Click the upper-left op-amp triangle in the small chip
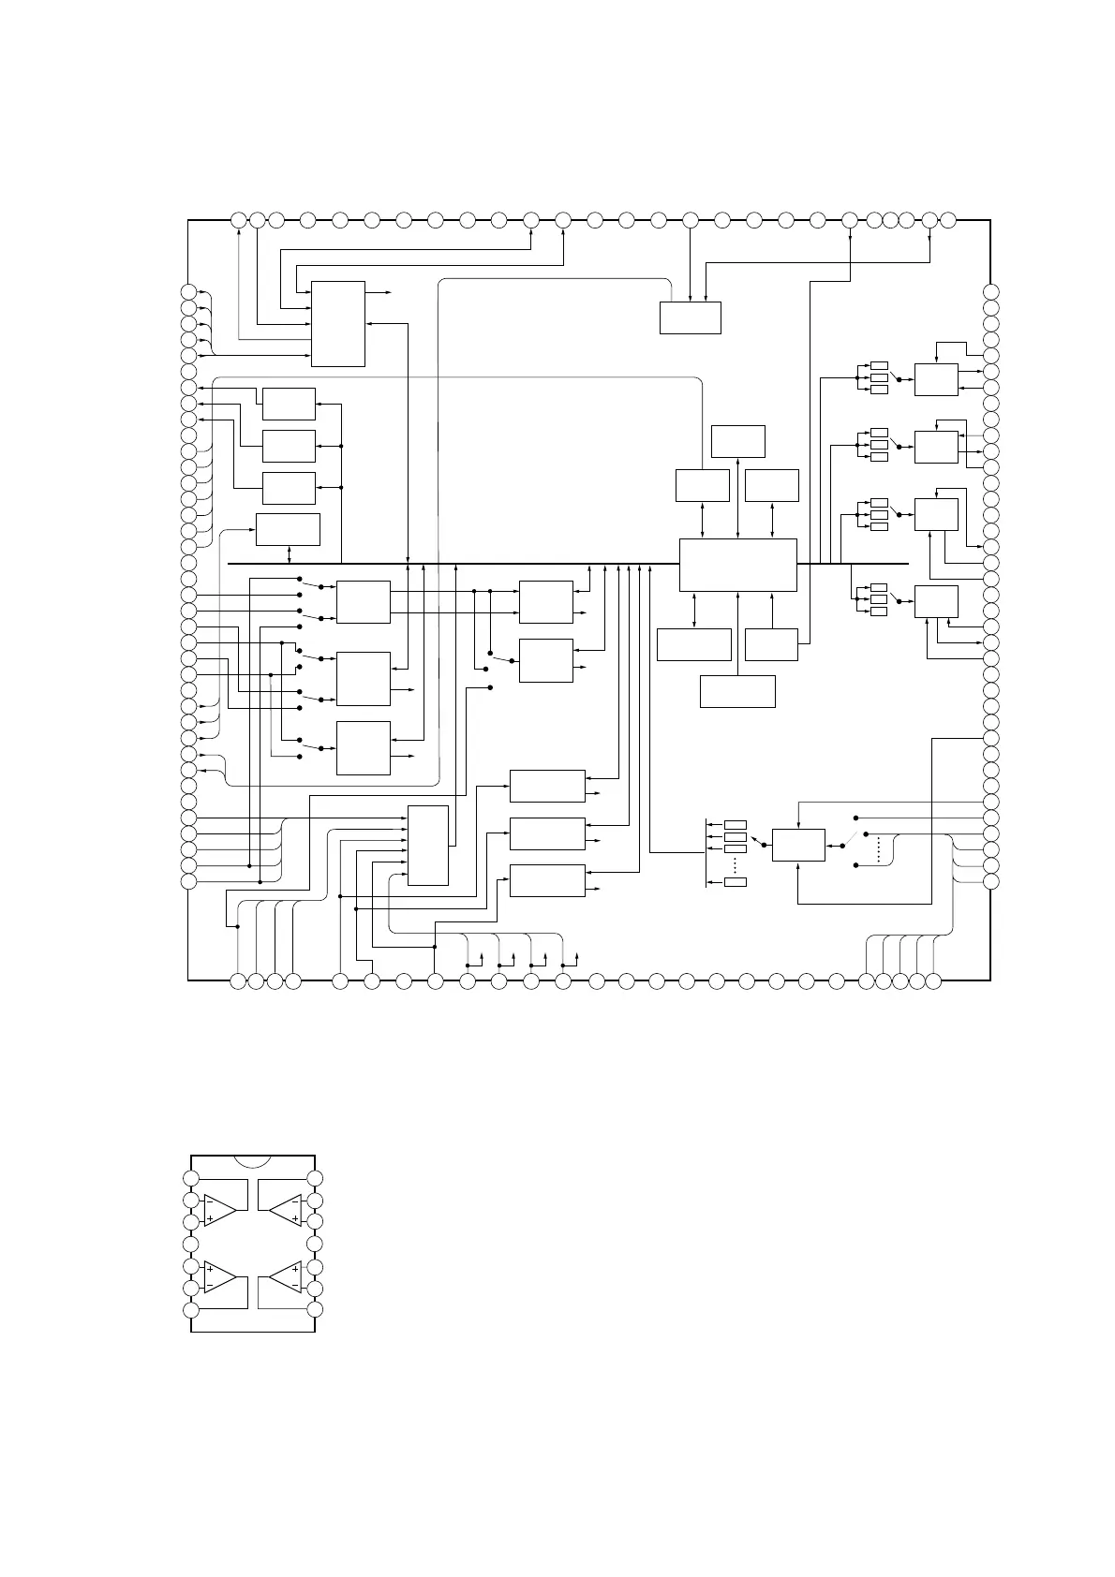click(x=218, y=1209)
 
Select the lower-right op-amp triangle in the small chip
click(x=286, y=1277)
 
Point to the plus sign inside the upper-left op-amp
click(x=210, y=1218)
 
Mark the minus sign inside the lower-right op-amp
click(x=296, y=1287)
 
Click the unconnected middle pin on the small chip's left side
click(x=191, y=1245)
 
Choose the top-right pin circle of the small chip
click(x=316, y=1178)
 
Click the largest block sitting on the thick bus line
click(x=737, y=565)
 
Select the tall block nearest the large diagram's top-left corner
click(x=338, y=323)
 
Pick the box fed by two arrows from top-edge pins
click(x=690, y=317)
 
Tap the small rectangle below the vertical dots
click(x=736, y=881)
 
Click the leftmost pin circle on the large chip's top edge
click(x=239, y=220)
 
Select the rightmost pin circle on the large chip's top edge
click(x=948, y=220)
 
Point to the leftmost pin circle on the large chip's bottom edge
click(x=238, y=980)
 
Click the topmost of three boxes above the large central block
click(x=738, y=441)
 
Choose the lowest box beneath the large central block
click(x=737, y=691)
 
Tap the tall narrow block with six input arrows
click(x=428, y=845)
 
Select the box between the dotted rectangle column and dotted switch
click(x=798, y=845)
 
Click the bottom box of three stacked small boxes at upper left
click(x=289, y=488)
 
